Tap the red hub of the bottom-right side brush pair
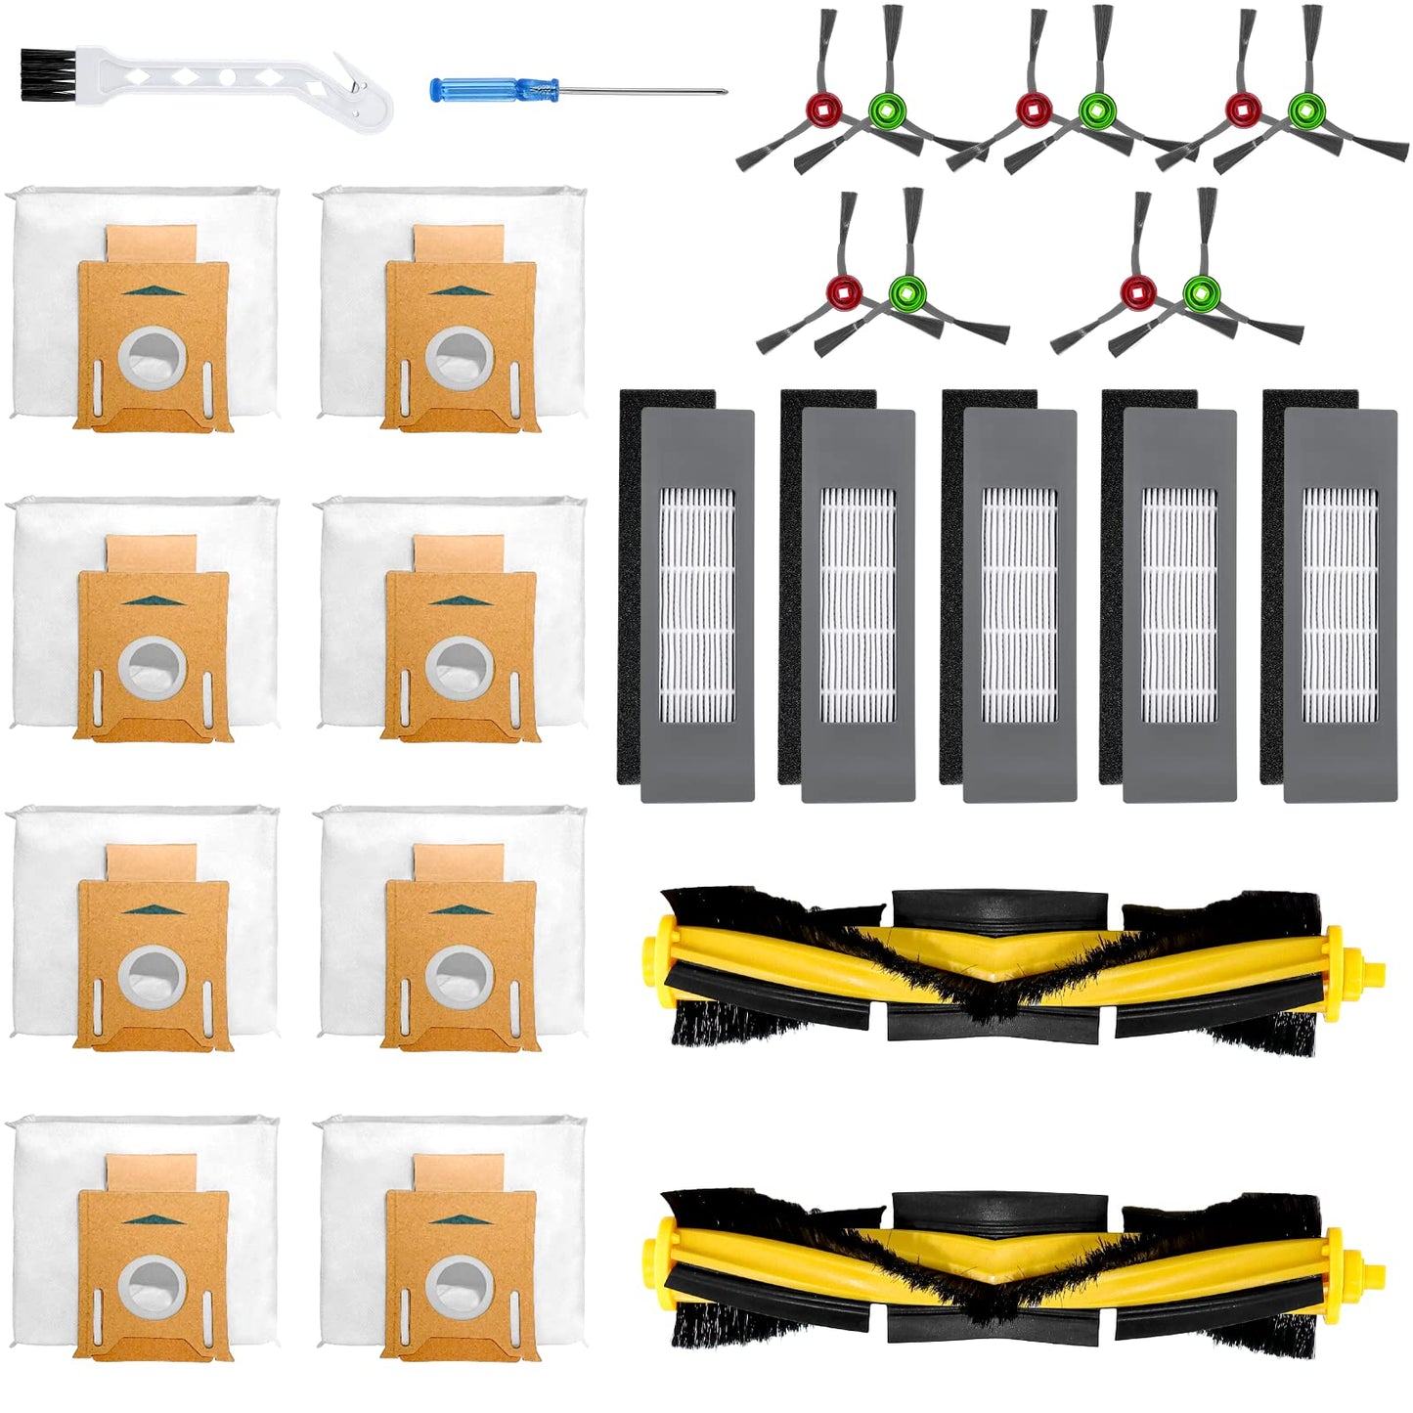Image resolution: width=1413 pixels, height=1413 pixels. pyautogui.click(x=1137, y=291)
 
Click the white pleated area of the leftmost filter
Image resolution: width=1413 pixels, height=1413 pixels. pyautogui.click(x=696, y=605)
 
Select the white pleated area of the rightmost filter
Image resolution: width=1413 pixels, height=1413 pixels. pyautogui.click(x=1339, y=605)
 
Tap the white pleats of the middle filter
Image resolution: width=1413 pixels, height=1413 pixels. pyautogui.click(x=1018, y=605)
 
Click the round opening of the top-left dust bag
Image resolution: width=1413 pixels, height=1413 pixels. pyautogui.click(x=153, y=357)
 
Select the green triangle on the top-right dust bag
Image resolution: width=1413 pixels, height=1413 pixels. pyautogui.click(x=459, y=290)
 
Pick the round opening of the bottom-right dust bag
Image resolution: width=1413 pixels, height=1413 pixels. pyautogui.click(x=459, y=1286)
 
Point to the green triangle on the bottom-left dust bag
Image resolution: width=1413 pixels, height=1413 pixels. pyautogui.click(x=151, y=1219)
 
